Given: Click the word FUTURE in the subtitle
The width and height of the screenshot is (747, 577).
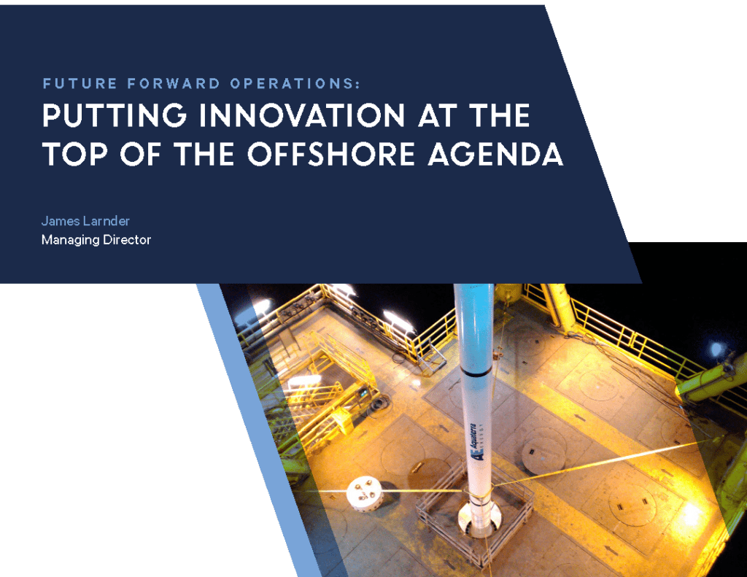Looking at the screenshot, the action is [80, 84].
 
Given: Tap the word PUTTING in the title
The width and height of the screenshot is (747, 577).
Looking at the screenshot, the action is [115, 116].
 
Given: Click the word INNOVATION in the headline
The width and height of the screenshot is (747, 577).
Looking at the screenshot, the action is [302, 116].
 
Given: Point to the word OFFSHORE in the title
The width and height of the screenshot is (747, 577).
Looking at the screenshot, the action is [331, 154].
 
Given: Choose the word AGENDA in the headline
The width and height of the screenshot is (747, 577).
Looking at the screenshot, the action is [495, 154].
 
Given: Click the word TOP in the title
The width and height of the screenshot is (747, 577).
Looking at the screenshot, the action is [75, 154].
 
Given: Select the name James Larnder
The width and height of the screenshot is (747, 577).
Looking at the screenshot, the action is [85, 221].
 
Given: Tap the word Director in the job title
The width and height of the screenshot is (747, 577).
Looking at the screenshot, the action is [127, 240].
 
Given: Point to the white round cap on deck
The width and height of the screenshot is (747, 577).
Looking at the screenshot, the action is [365, 494].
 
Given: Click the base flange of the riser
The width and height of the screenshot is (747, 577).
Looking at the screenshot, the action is [479, 520].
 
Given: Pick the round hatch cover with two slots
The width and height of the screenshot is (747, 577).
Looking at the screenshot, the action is [632, 504].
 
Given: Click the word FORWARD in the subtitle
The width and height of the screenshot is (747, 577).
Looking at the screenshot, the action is [174, 84].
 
